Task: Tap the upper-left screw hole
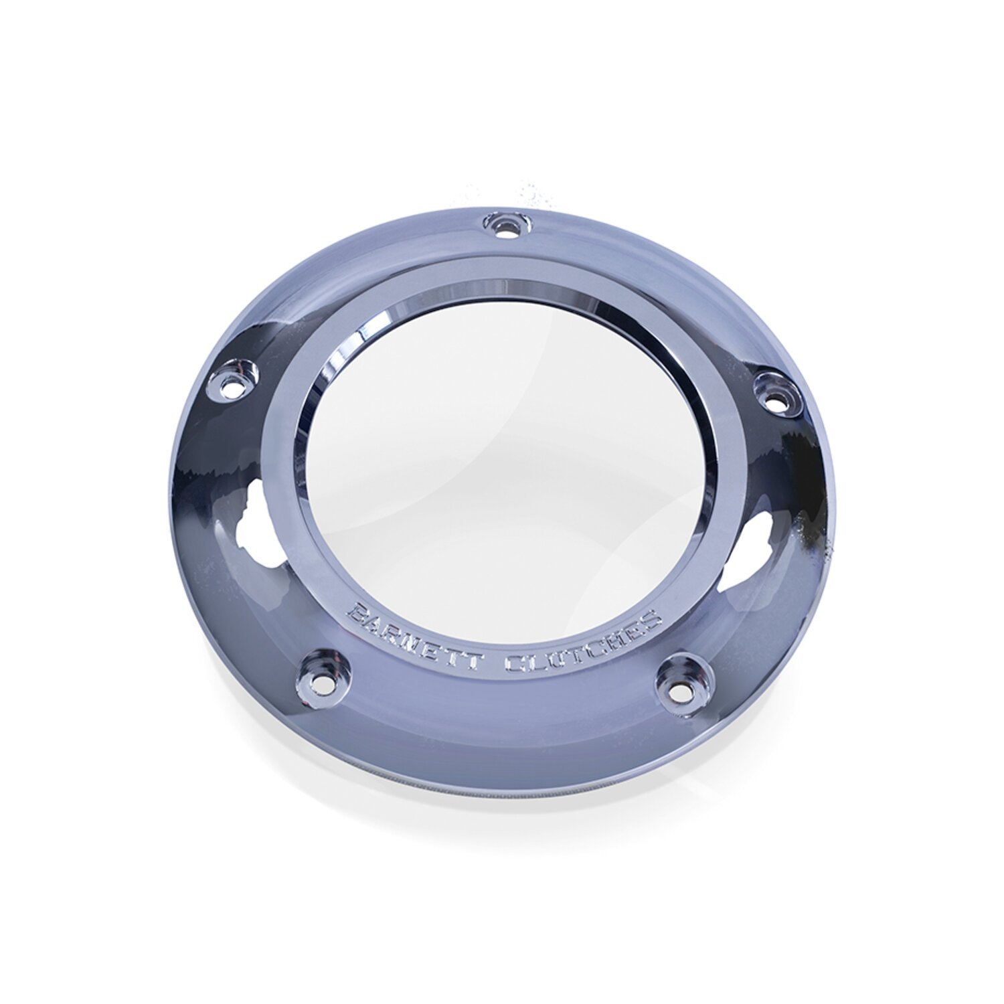point(234,385)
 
